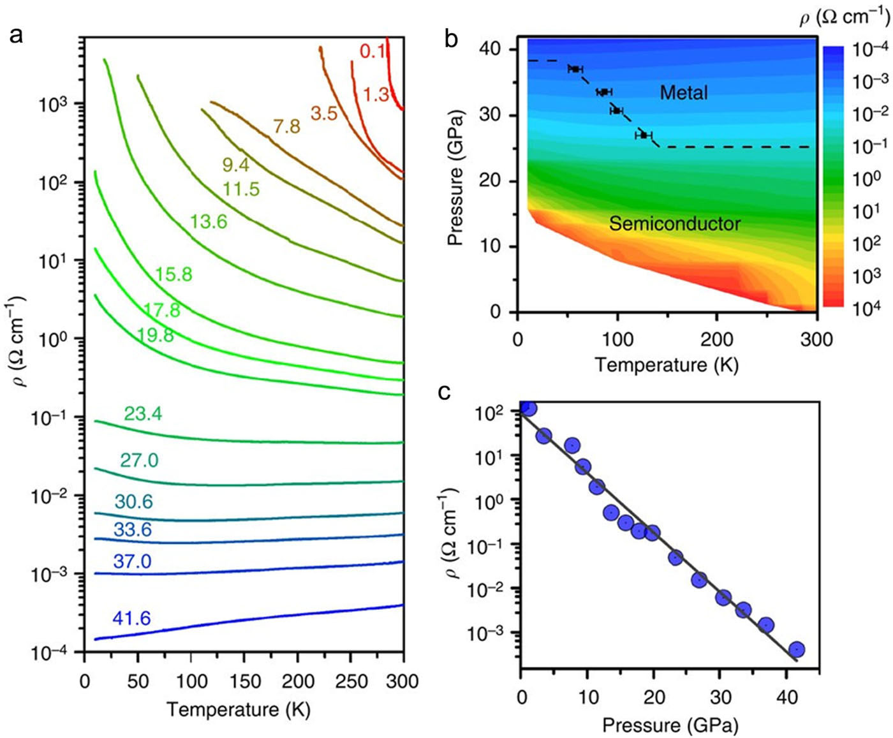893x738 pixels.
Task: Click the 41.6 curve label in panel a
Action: click(x=131, y=618)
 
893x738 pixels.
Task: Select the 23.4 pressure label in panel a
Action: click(x=143, y=414)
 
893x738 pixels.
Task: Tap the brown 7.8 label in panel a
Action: click(x=286, y=126)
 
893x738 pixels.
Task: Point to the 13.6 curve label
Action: click(x=209, y=221)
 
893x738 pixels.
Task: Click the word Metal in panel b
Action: click(x=684, y=93)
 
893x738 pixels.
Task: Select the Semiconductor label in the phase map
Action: click(x=675, y=223)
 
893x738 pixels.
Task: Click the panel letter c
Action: click(x=444, y=392)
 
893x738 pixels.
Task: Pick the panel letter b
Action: click(x=451, y=40)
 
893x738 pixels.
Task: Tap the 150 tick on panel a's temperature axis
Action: click(x=244, y=682)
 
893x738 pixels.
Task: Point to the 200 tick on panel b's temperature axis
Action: click(x=717, y=339)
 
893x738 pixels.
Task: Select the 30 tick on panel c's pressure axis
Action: click(x=721, y=697)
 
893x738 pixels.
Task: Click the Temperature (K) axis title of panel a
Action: click(x=239, y=710)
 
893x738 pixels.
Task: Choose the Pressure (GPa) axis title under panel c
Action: click(x=670, y=725)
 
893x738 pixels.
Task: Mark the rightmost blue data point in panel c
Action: click(x=796, y=649)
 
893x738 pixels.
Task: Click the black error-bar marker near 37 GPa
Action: click(x=575, y=69)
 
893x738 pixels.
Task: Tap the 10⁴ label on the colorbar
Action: click(x=867, y=307)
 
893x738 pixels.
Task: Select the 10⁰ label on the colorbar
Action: click(x=867, y=179)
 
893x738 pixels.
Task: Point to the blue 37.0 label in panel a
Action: click(x=132, y=561)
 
